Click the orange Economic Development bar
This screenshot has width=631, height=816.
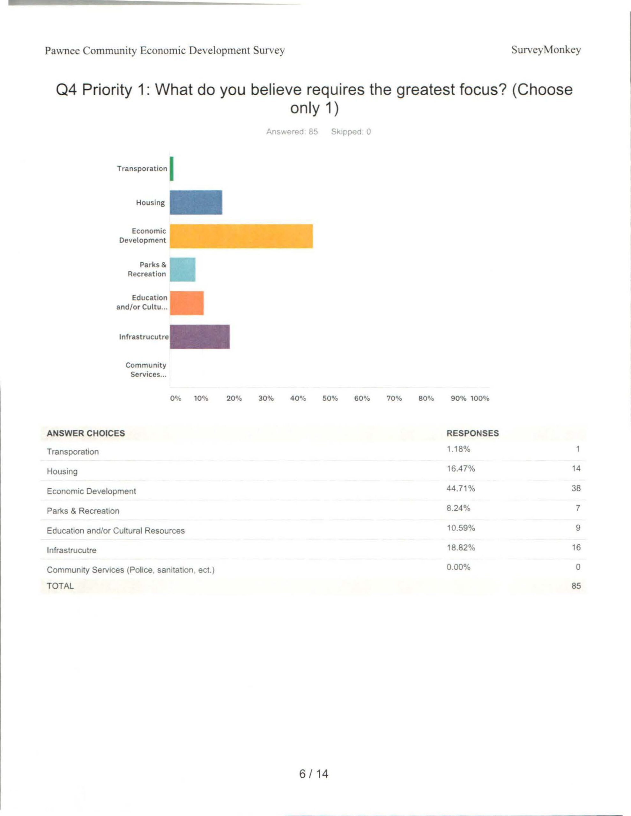click(x=241, y=236)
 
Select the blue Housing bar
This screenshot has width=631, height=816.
click(x=196, y=202)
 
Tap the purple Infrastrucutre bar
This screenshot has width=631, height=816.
click(x=200, y=337)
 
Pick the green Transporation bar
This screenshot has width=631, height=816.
click(x=172, y=169)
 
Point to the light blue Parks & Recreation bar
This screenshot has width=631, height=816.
click(x=182, y=269)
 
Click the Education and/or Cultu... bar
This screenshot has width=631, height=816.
click(x=187, y=303)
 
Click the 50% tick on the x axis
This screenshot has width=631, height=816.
click(x=330, y=398)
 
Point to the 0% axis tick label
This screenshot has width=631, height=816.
click(x=175, y=398)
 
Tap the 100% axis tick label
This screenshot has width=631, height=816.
click(x=479, y=398)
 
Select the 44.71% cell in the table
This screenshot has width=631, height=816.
click(x=460, y=488)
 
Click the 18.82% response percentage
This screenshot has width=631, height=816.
click(x=460, y=548)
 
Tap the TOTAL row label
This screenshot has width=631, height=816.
click(x=60, y=586)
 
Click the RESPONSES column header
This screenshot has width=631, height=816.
click(x=472, y=433)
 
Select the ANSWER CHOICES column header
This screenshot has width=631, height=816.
click(x=86, y=433)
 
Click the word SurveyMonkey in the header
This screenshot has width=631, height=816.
click(x=546, y=50)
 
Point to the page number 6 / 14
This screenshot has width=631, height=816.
click(x=314, y=773)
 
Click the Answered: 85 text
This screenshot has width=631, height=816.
click(x=292, y=132)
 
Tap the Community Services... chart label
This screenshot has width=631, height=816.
click(x=146, y=369)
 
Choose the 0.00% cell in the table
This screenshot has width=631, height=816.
click(x=458, y=567)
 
